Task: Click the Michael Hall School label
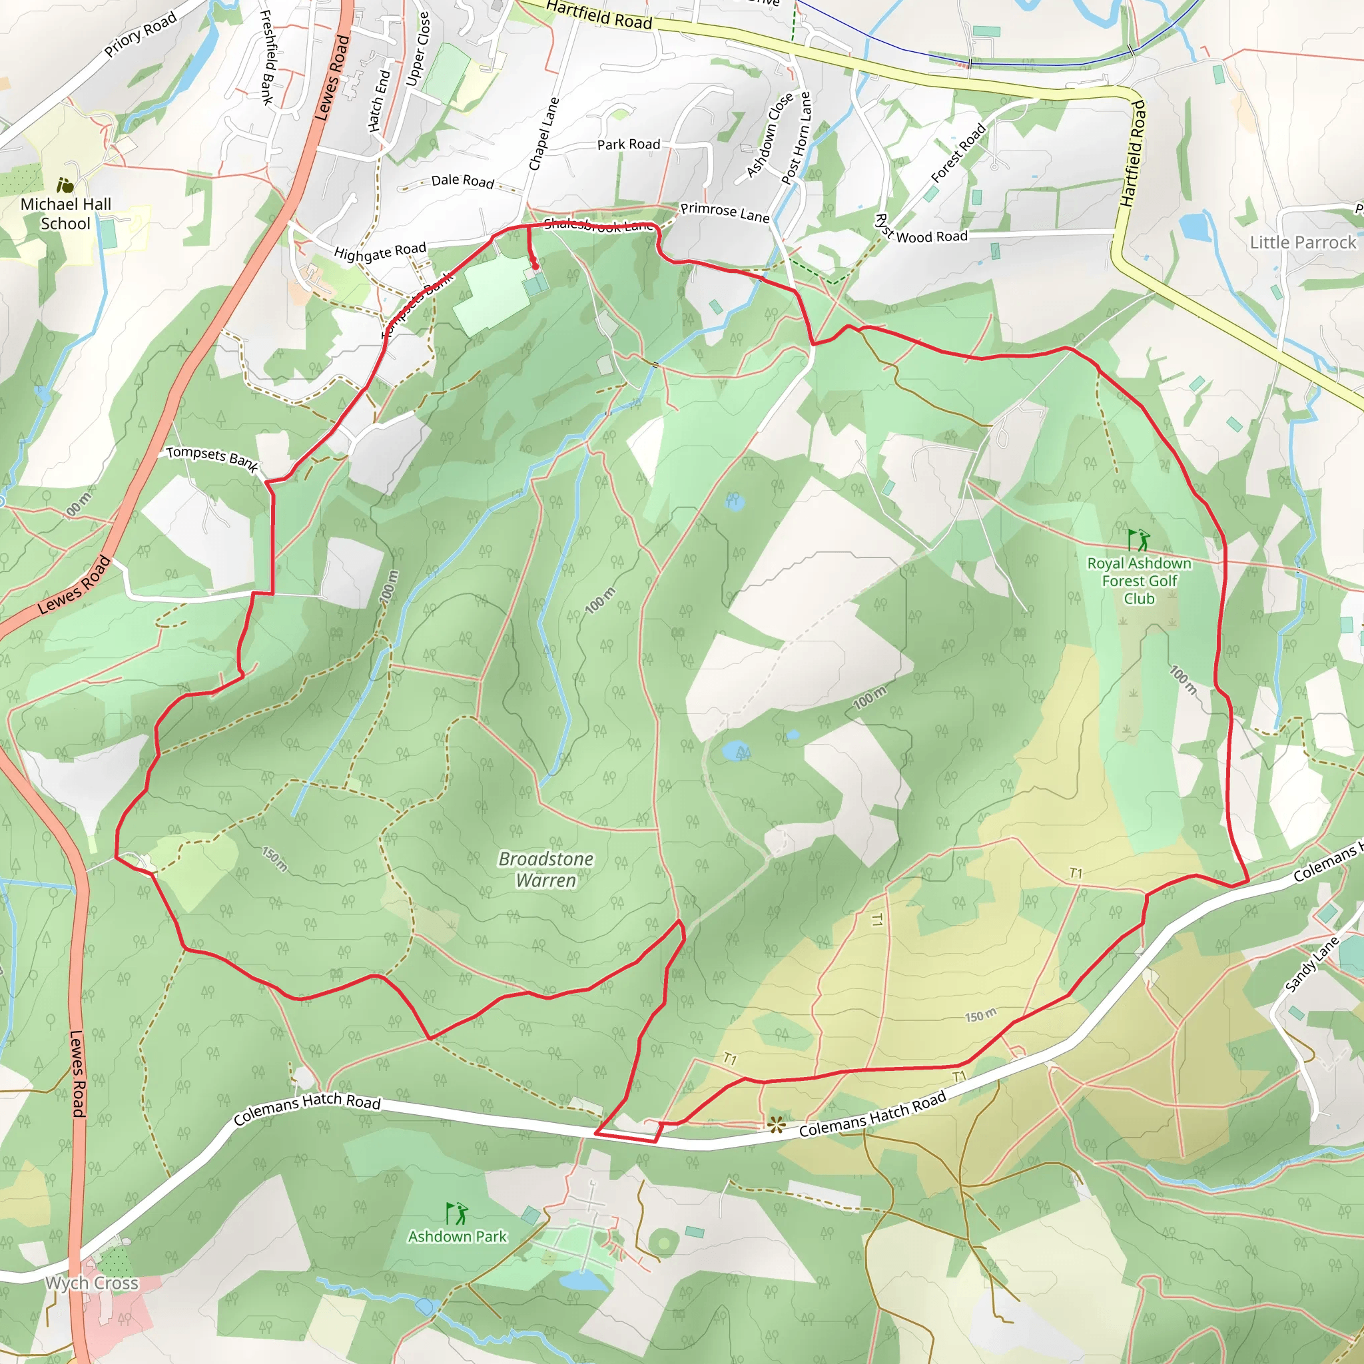(66, 214)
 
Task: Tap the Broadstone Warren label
(545, 869)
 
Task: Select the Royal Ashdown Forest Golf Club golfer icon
(1138, 540)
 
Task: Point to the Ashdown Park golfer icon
(457, 1213)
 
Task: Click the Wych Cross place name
(92, 1283)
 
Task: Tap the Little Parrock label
(1303, 242)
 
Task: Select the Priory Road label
(140, 35)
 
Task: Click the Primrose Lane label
(725, 212)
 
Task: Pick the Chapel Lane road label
(543, 134)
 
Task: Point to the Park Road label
(628, 145)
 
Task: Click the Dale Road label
(462, 180)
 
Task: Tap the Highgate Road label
(380, 251)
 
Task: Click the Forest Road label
(958, 153)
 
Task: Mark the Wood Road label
(932, 236)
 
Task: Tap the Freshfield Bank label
(267, 57)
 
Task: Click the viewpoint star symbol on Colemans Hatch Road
(777, 1125)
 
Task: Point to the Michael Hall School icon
(65, 186)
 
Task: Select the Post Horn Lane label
(797, 139)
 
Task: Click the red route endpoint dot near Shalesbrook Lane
(535, 267)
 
